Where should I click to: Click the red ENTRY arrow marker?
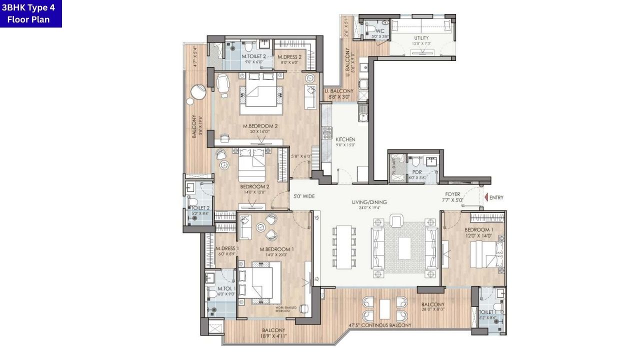(x=486, y=198)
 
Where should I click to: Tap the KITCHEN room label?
(x=345, y=139)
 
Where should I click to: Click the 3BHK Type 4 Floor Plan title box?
(x=31, y=13)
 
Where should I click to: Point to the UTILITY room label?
(x=421, y=38)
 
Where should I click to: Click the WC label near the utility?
(x=380, y=31)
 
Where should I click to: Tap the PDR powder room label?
(x=417, y=172)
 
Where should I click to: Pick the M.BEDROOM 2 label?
(x=260, y=126)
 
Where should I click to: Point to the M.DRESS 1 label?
(x=227, y=249)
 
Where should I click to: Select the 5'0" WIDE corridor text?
(x=304, y=196)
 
